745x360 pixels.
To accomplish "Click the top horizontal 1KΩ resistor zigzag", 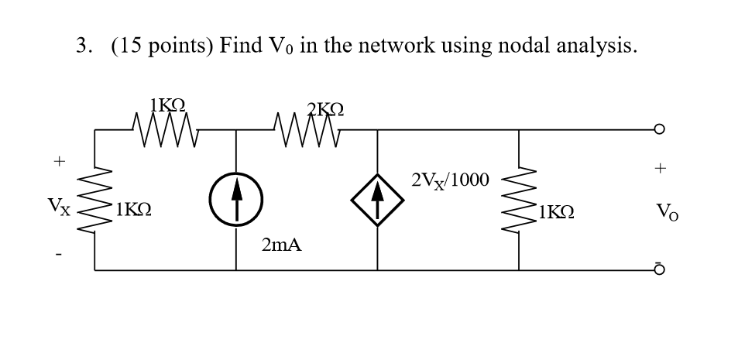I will (x=166, y=125).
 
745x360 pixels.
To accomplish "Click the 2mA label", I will (x=281, y=246).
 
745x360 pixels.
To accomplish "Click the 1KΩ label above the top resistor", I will (x=168, y=103).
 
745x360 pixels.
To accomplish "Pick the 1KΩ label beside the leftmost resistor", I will (x=132, y=210).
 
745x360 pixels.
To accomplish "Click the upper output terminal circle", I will (x=659, y=129).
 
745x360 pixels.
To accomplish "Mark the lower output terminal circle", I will (x=659, y=269).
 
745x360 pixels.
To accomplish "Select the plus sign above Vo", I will (x=659, y=166).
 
